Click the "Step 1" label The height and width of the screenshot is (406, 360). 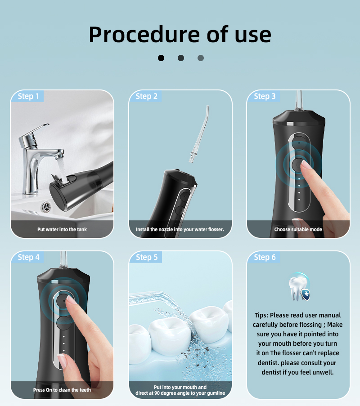click(28, 96)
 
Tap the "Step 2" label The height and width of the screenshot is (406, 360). click(146, 96)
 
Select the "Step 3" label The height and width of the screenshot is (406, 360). click(265, 96)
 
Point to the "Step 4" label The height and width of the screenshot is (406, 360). click(28, 257)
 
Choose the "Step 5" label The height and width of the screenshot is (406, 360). click(147, 257)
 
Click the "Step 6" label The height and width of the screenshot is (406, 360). click(265, 257)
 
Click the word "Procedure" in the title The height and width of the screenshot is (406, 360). click(144, 35)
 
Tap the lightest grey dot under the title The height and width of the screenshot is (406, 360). click(201, 58)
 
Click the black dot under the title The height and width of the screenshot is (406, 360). click(161, 58)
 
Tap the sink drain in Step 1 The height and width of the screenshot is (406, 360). click(46, 207)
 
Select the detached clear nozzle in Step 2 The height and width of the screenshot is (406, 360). click(199, 134)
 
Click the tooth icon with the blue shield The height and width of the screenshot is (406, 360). click(299, 287)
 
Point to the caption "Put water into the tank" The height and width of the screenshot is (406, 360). click(62, 229)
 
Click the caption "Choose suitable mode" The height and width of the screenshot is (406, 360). click(298, 229)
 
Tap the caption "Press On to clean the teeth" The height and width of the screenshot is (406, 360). click(62, 390)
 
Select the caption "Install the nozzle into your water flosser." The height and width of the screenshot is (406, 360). click(180, 229)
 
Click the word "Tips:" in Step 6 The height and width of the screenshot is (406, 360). click(261, 315)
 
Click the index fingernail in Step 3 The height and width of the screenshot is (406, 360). click(306, 165)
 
